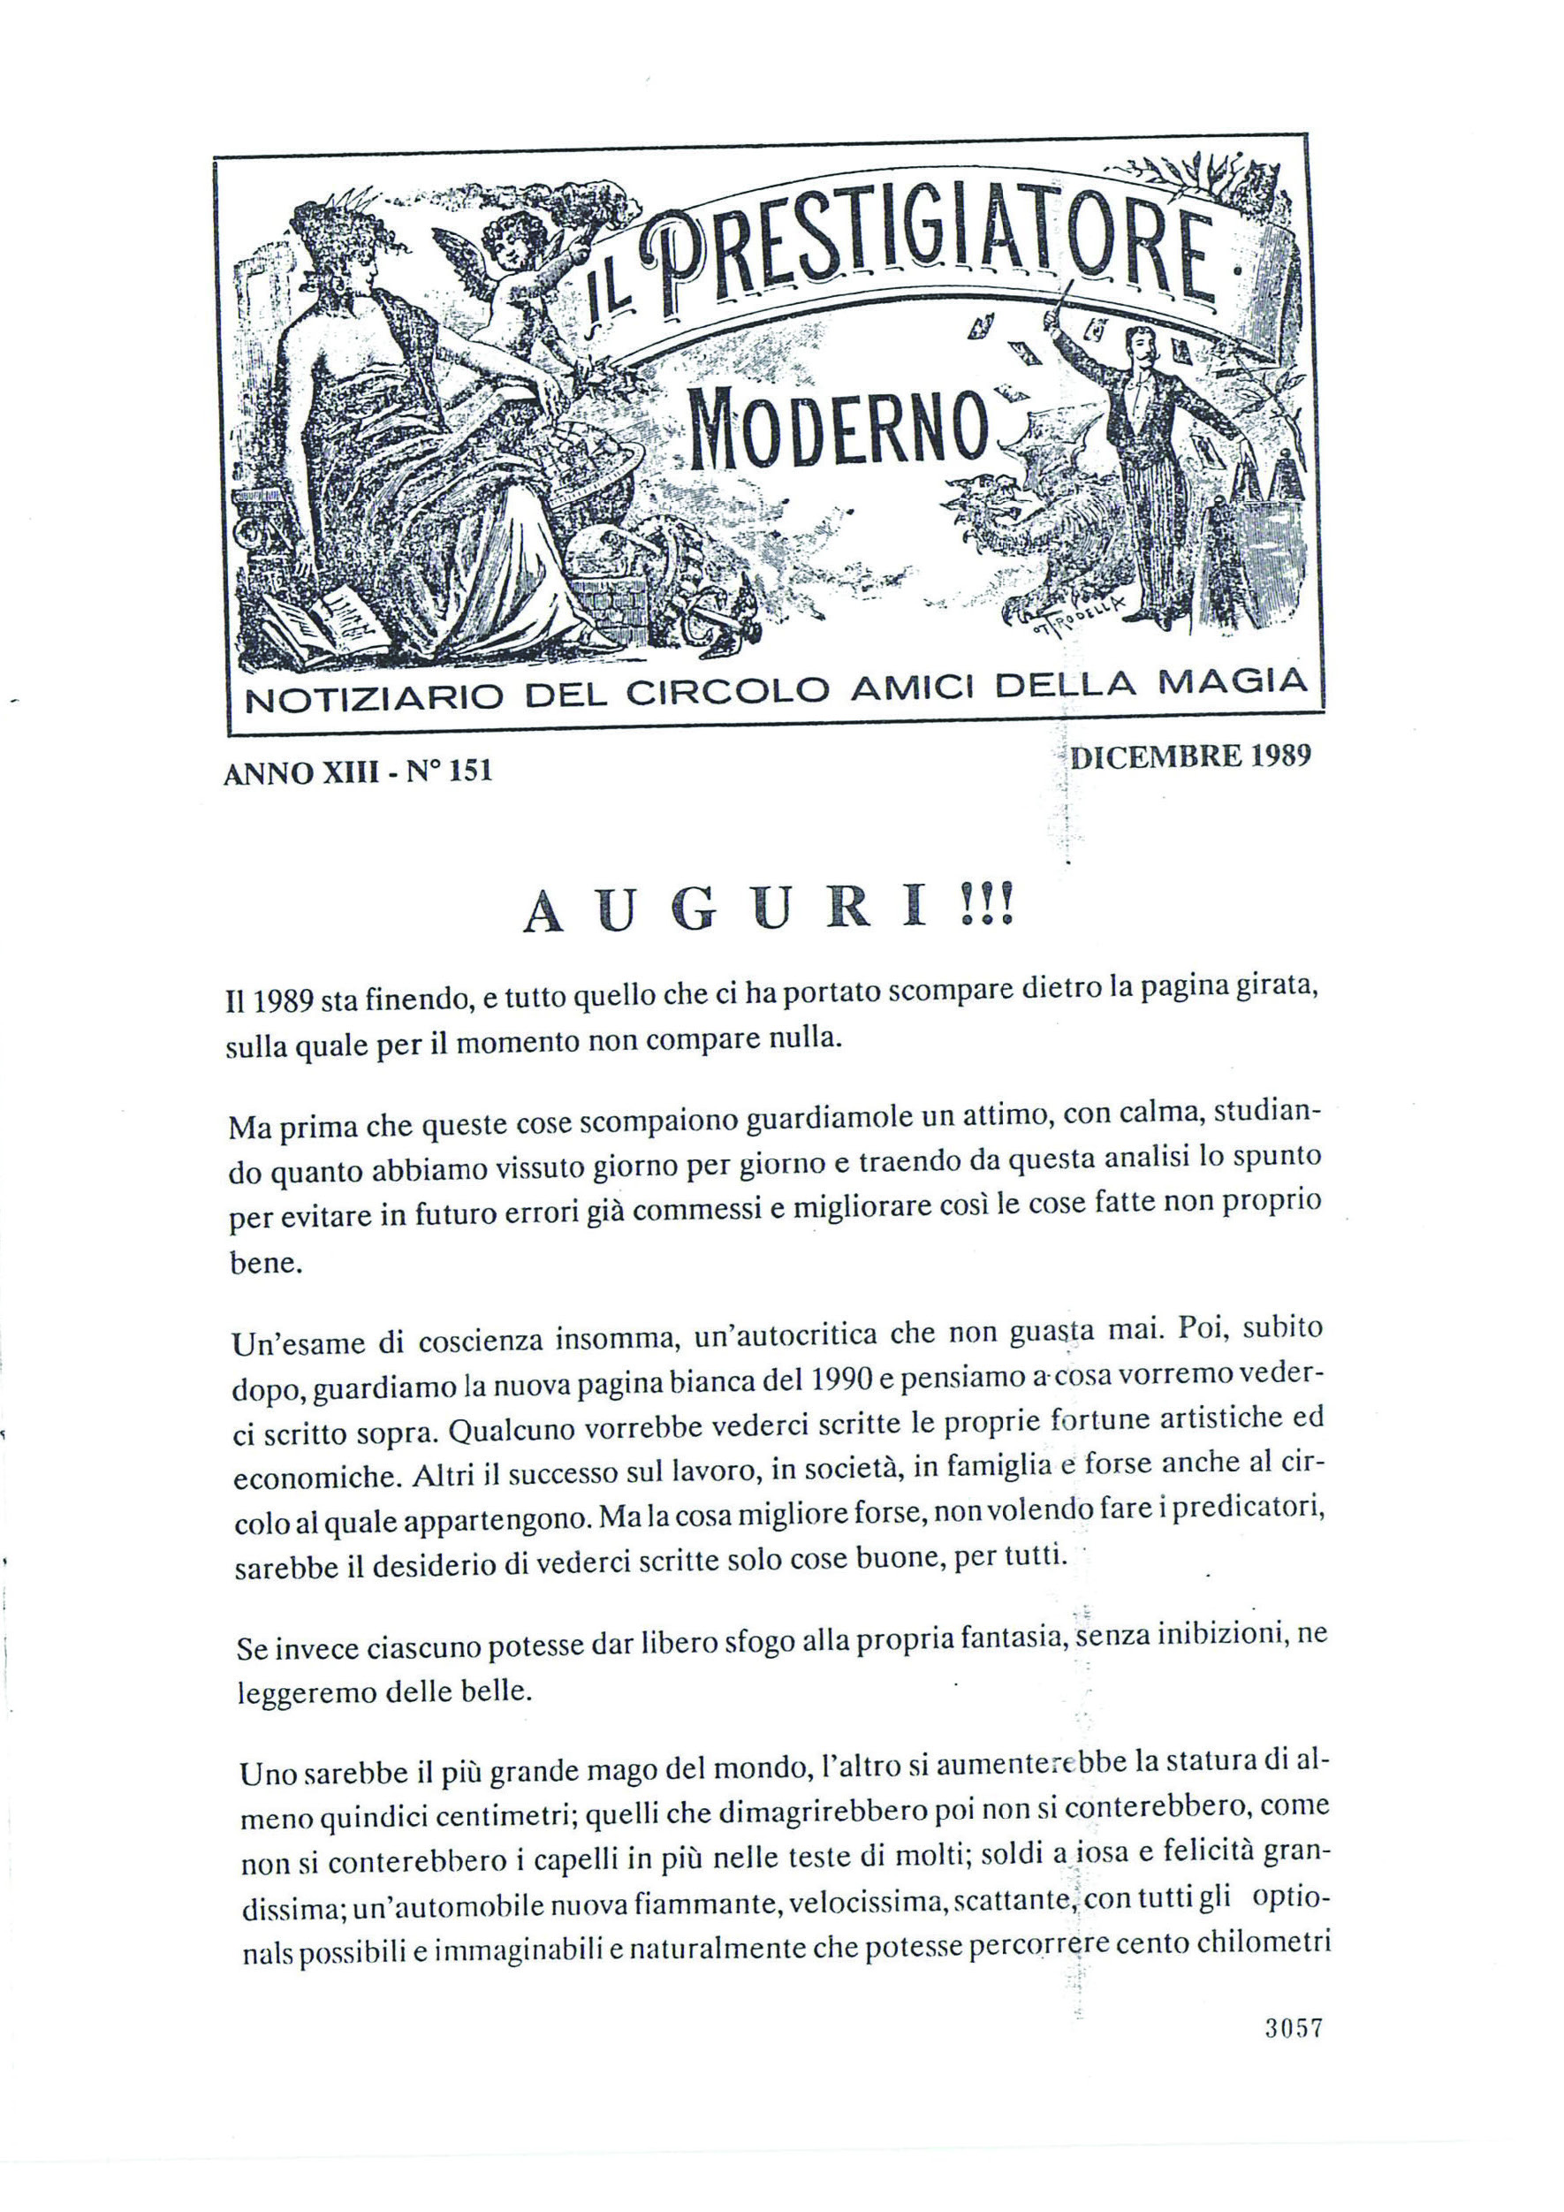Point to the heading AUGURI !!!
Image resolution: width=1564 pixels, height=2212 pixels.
pyautogui.click(x=770, y=911)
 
